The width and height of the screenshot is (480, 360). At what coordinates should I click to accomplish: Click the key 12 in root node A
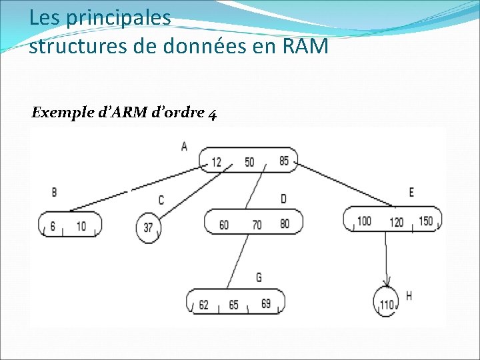[216, 162]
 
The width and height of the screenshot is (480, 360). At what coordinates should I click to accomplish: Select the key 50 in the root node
[249, 162]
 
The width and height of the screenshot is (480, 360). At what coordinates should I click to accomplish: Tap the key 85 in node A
[284, 161]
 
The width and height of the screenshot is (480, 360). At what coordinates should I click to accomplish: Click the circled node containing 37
[148, 227]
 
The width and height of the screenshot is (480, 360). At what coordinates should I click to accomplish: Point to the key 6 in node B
[52, 227]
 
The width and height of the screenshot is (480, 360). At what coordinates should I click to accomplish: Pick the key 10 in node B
[81, 227]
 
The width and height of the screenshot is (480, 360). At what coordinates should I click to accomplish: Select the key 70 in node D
[257, 225]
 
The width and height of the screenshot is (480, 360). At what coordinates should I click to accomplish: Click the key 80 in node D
[285, 224]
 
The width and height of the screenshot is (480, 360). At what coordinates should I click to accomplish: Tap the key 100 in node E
[364, 221]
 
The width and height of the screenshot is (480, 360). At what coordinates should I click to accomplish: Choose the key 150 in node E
[425, 221]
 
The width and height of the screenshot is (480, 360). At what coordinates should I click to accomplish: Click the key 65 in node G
[233, 305]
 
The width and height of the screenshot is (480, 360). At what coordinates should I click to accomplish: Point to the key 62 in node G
[203, 305]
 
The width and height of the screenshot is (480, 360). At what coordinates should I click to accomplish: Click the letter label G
[259, 277]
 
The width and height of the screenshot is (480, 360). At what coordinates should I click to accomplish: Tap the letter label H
[409, 295]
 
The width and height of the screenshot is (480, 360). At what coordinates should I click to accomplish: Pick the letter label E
[411, 193]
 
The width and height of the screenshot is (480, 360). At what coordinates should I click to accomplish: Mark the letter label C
[161, 200]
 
